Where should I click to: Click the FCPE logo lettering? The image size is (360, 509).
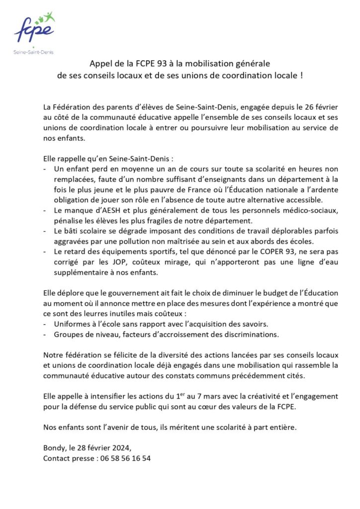34,30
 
